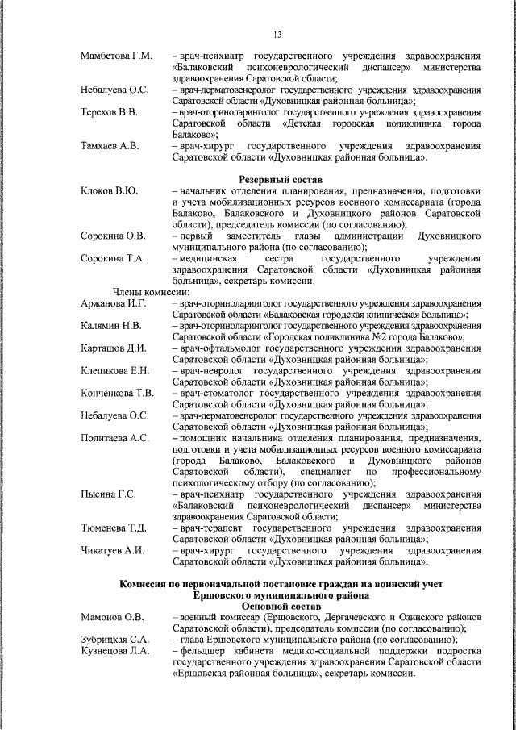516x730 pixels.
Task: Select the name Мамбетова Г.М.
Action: [116, 55]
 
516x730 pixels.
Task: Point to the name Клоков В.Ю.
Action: [110, 190]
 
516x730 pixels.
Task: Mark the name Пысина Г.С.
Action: [108, 493]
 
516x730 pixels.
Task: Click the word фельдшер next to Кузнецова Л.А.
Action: [204, 651]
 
